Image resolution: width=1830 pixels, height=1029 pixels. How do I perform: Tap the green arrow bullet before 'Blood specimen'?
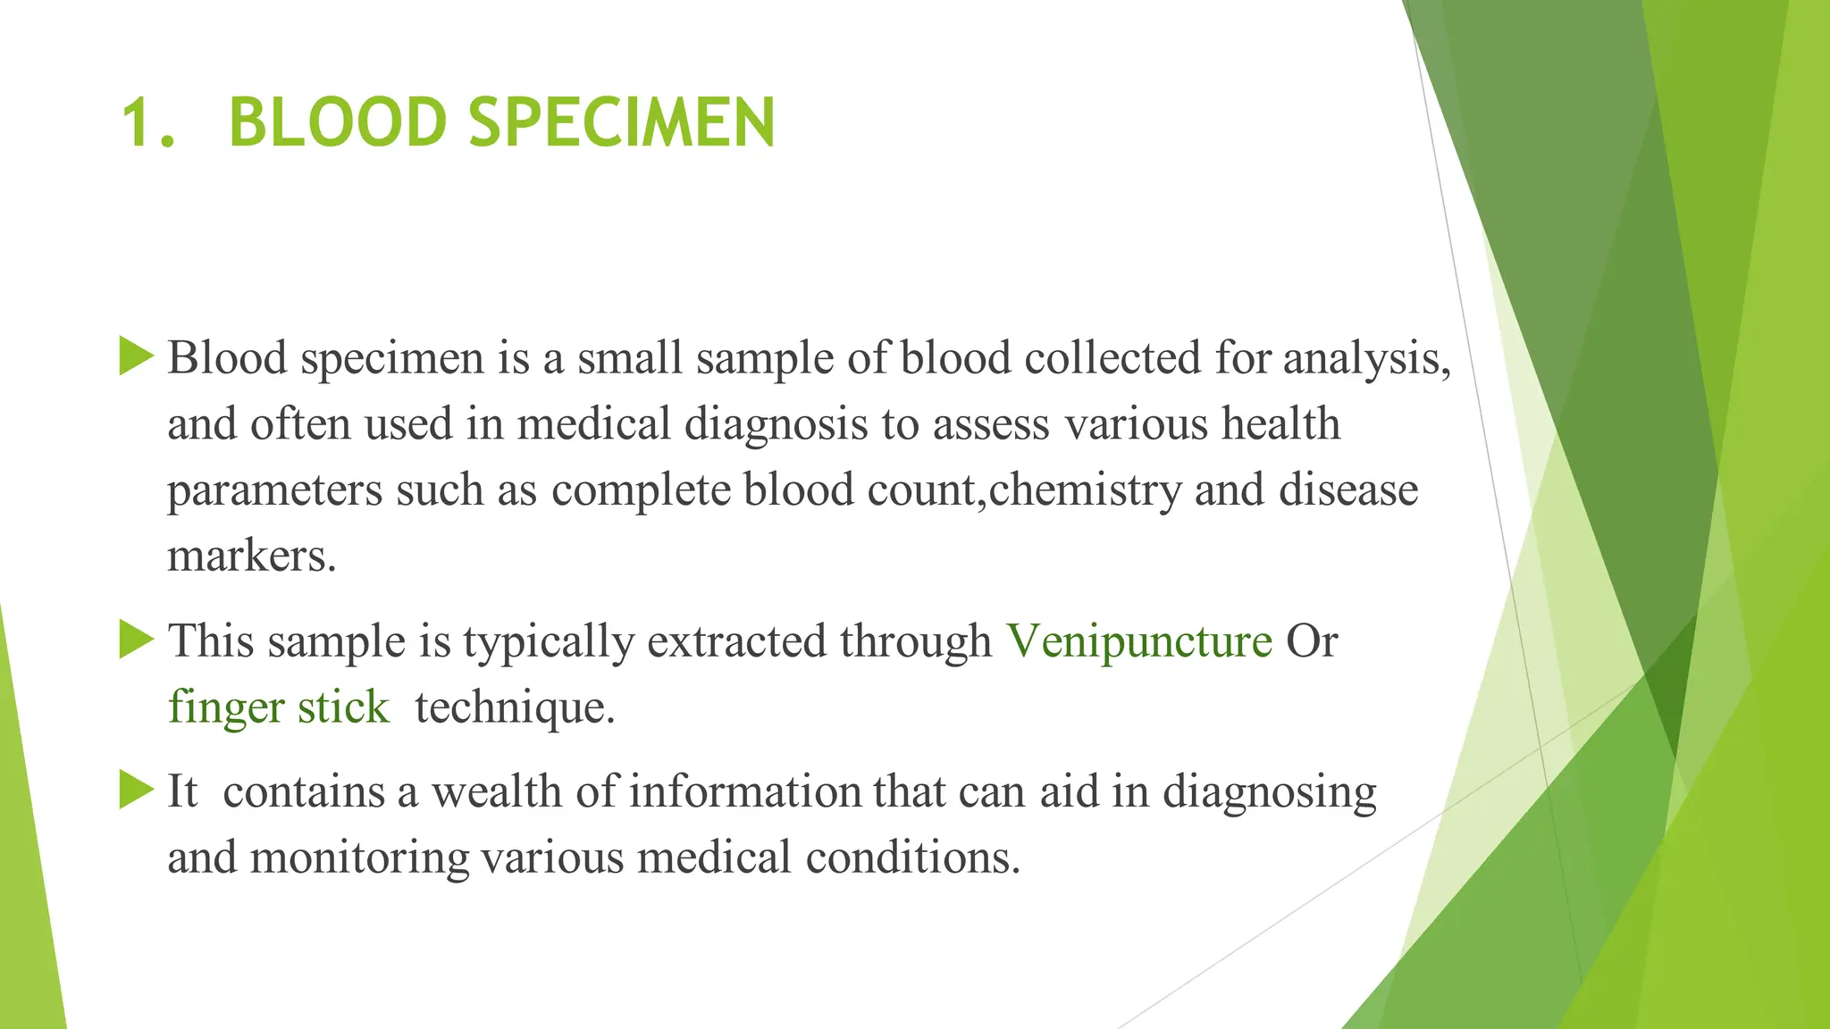(x=136, y=356)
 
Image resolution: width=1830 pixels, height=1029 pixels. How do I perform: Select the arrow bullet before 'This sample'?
(x=136, y=640)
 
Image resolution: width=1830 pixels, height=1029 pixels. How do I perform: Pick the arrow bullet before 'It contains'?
(x=136, y=790)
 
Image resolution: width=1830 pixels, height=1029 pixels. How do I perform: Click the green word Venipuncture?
(x=1139, y=641)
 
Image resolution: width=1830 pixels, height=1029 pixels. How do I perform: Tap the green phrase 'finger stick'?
(x=279, y=707)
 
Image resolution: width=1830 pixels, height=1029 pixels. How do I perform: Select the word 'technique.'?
(x=515, y=707)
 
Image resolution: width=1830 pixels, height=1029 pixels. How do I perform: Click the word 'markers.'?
(x=252, y=556)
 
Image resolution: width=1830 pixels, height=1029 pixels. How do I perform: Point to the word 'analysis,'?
(x=1367, y=359)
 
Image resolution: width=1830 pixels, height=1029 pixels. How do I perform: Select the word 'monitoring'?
(x=359, y=857)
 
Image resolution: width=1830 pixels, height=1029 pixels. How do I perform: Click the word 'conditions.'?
(x=912, y=857)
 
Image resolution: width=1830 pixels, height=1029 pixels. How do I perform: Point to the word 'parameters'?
(x=274, y=490)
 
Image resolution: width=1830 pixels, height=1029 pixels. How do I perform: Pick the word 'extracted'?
(x=736, y=641)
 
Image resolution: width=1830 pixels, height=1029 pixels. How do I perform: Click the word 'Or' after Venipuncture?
(x=1311, y=641)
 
